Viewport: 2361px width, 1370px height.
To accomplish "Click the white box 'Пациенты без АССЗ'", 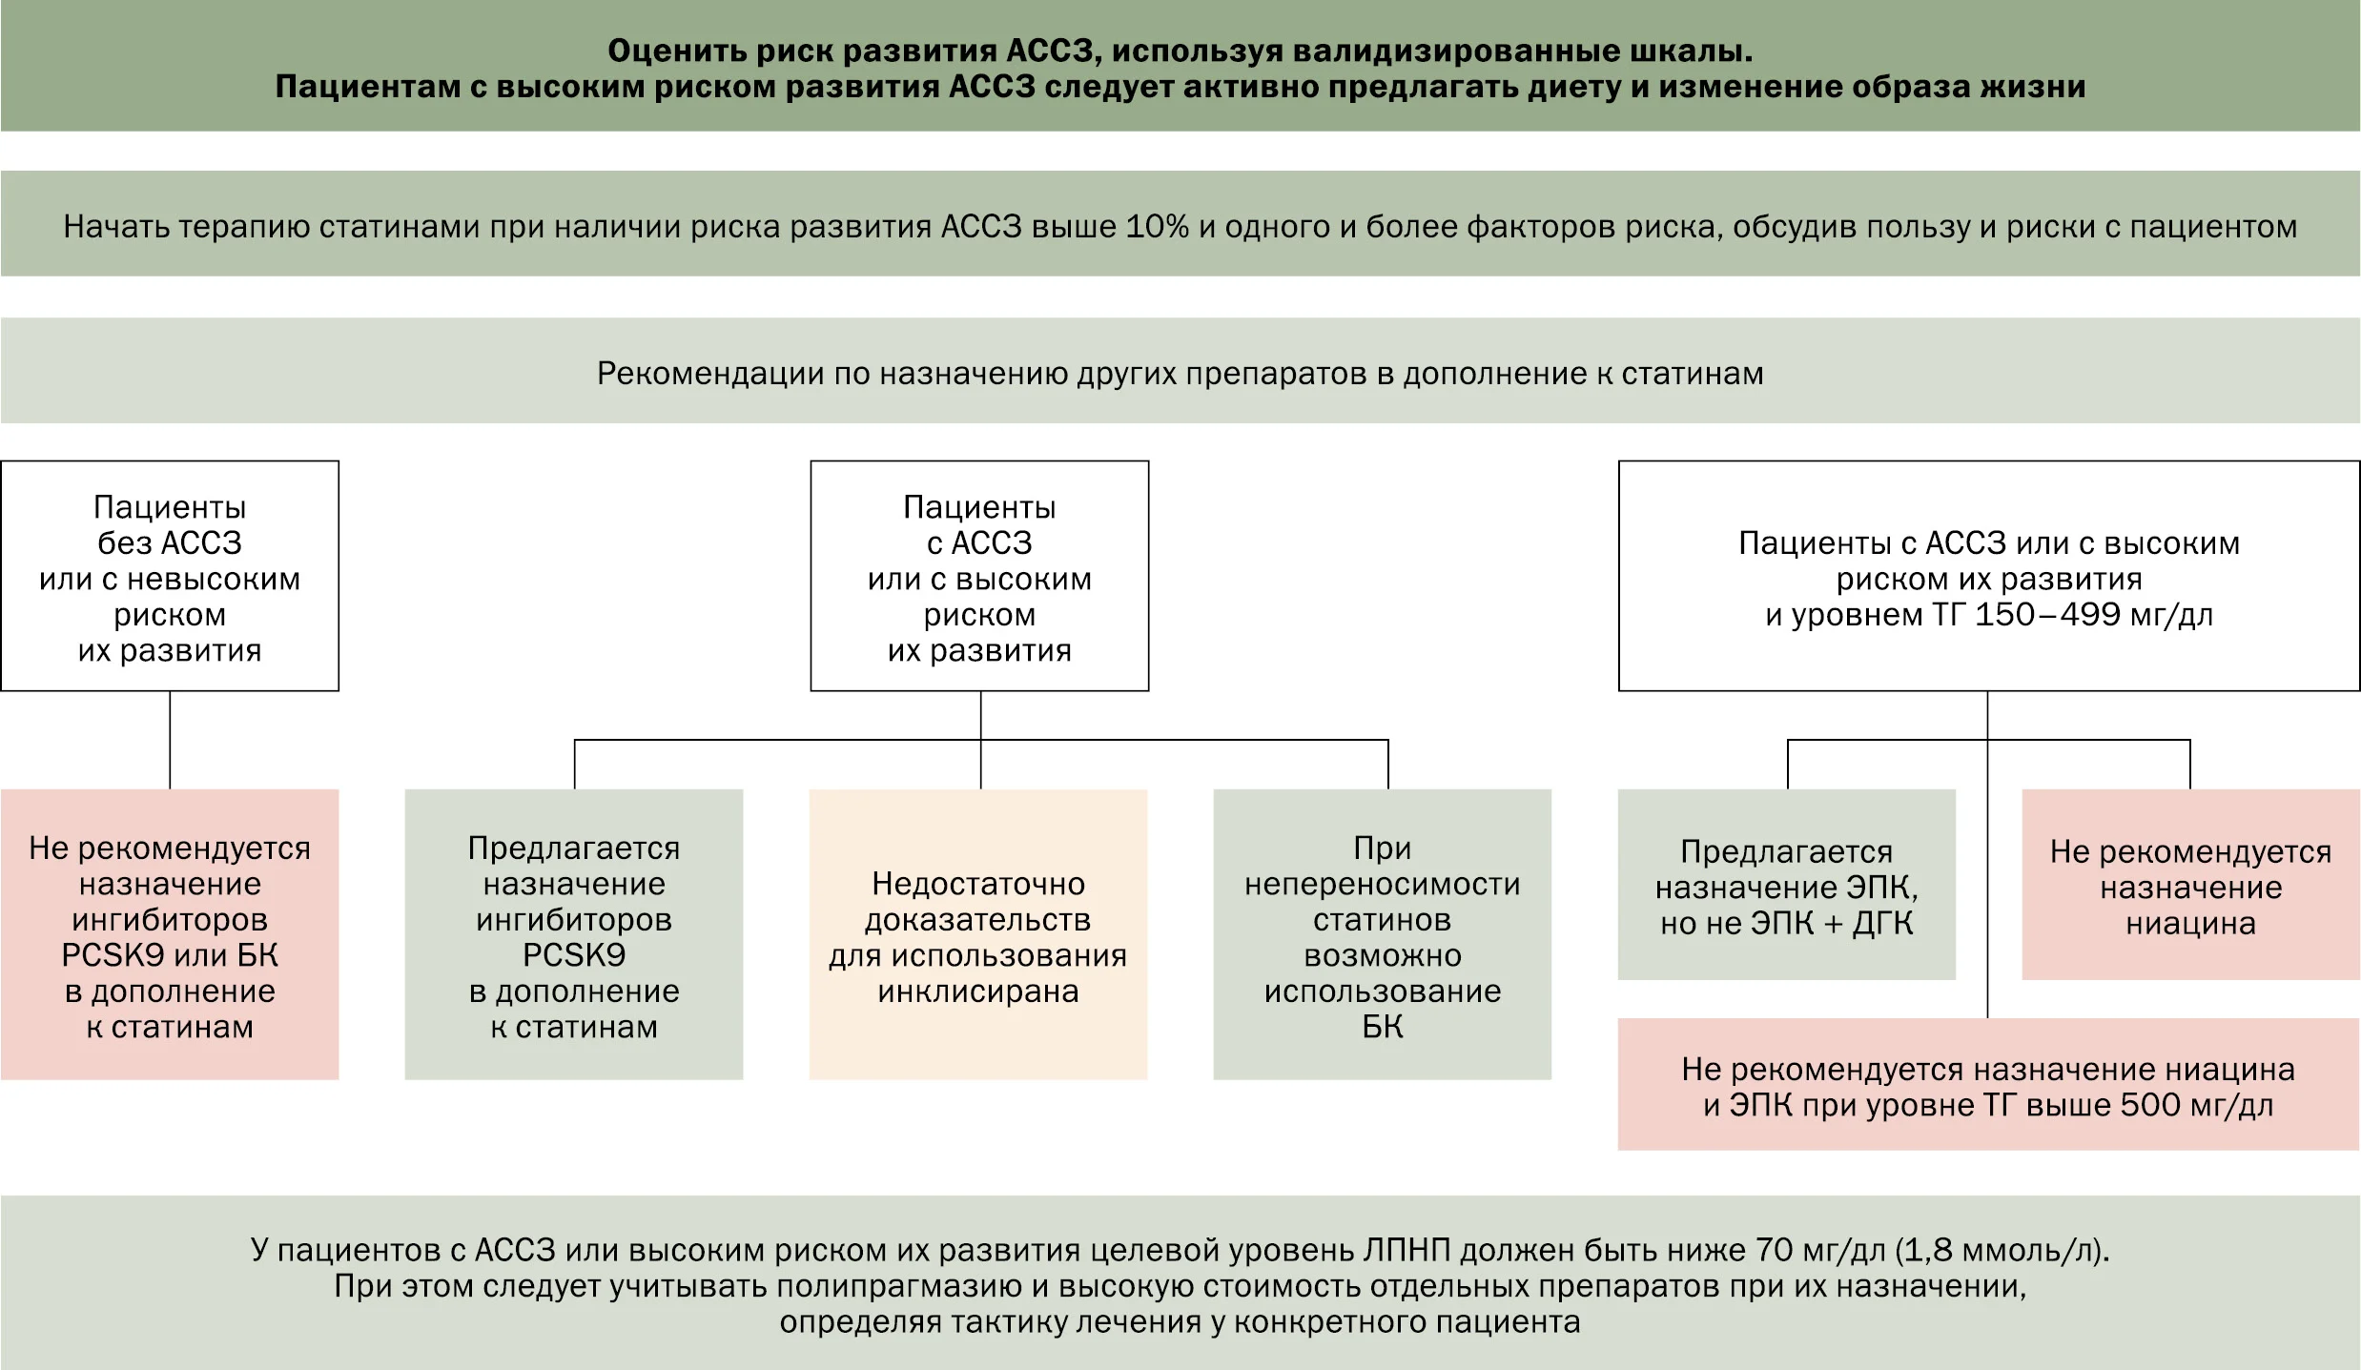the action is pyautogui.click(x=170, y=576).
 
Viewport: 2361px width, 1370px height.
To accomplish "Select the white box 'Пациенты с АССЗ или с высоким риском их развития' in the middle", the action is pyautogui.click(x=979, y=576).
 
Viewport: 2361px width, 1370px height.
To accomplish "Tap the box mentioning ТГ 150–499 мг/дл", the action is pyautogui.click(x=1989, y=576).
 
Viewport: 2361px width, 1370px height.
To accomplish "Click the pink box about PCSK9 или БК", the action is pyautogui.click(x=170, y=934).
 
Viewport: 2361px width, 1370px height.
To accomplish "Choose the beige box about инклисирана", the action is pyautogui.click(x=978, y=934).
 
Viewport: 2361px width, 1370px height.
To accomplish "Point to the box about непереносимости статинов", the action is pyautogui.click(x=1383, y=934).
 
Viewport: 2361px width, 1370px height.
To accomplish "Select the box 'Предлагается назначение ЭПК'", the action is pyautogui.click(x=1787, y=885).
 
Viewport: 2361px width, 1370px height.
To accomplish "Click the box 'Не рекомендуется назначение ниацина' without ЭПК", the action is pyautogui.click(x=2191, y=885).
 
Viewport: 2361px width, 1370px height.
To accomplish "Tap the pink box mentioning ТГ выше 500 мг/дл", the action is pyautogui.click(x=1989, y=1085).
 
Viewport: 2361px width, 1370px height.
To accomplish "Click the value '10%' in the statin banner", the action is pyautogui.click(x=1158, y=227).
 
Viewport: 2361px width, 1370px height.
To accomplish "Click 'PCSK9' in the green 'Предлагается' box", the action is pyautogui.click(x=574, y=955).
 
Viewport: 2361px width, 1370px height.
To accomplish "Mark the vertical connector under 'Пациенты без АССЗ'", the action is pyautogui.click(x=170, y=741).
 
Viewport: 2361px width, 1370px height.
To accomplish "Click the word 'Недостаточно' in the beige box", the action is pyautogui.click(x=978, y=884).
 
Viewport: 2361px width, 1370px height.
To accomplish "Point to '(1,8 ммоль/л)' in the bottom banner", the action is pyautogui.click(x=2002, y=1250).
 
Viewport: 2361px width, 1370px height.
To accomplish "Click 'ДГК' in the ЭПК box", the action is pyautogui.click(x=1883, y=924).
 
